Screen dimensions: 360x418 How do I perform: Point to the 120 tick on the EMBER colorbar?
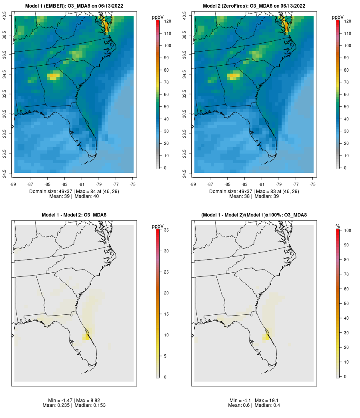[x=168, y=21]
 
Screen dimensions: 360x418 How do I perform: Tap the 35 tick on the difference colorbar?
[x=166, y=230]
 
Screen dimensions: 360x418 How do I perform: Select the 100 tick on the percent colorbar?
[x=348, y=230]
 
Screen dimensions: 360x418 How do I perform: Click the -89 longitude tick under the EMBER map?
[x=13, y=184]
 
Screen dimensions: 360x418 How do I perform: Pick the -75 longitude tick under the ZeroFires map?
[x=313, y=184]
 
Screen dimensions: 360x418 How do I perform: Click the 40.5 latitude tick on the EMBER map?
[x=4, y=16]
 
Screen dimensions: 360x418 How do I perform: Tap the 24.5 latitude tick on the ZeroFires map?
[x=184, y=174]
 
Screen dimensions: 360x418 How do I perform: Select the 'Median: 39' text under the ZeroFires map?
[x=267, y=196]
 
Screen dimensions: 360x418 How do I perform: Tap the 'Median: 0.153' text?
[x=90, y=405]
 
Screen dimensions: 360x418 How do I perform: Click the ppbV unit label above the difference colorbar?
[x=158, y=226]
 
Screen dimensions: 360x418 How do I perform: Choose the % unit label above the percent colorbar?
[x=338, y=226]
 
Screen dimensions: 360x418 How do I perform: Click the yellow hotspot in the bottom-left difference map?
[x=86, y=337]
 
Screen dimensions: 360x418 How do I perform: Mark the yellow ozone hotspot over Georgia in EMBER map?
[x=53, y=76]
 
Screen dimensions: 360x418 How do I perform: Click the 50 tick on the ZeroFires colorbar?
[x=346, y=107]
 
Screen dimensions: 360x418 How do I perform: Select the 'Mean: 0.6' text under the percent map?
[x=239, y=405]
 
